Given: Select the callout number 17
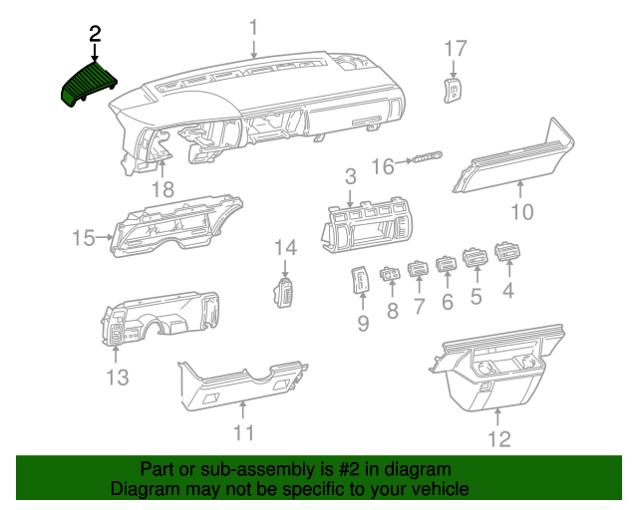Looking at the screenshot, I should pyautogui.click(x=455, y=48).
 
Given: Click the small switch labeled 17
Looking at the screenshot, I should pyautogui.click(x=453, y=93).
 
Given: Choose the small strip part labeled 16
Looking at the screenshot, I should pyautogui.click(x=428, y=156).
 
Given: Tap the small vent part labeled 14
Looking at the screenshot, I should pyautogui.click(x=284, y=293).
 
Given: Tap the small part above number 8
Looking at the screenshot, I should pyautogui.click(x=390, y=273).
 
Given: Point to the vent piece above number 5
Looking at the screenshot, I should pyautogui.click(x=476, y=261).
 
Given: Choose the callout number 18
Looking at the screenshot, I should pyautogui.click(x=161, y=189).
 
